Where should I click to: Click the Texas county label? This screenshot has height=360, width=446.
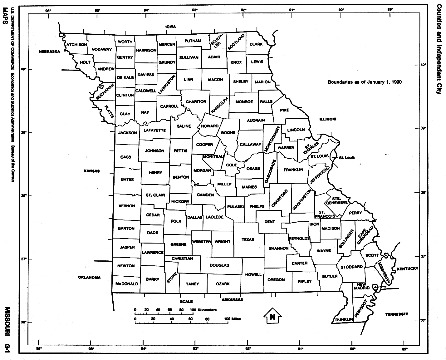248,240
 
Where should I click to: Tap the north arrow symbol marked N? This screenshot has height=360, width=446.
272,317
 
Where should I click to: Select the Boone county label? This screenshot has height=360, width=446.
228,132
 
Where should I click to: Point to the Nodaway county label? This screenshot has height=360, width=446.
102,49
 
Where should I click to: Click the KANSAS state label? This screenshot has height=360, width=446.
91,171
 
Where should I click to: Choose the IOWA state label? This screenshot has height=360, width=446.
171,27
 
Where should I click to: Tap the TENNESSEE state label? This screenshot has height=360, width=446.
396,314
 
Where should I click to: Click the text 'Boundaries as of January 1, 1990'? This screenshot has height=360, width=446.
365,82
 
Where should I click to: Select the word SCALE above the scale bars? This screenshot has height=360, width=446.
186,302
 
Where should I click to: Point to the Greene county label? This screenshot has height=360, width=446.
179,244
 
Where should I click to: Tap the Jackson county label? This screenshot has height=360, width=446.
128,133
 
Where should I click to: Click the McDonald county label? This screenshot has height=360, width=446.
126,284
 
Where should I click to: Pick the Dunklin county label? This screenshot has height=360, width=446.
344,319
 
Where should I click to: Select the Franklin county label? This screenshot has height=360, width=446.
293,170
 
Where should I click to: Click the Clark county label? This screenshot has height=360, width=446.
256,44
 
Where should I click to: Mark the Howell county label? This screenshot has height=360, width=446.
253,274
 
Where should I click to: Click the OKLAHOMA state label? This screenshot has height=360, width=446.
90,278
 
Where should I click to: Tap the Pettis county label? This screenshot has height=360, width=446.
180,151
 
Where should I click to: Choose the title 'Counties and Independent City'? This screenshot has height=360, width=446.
439,49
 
